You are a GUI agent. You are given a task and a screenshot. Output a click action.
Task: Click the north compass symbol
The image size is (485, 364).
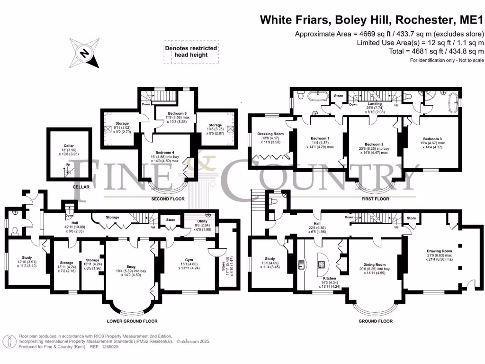point(85,53)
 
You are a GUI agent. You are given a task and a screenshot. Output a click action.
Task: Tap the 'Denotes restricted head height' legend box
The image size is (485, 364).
point(191,52)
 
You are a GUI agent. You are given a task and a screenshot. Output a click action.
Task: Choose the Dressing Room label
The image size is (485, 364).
point(270,134)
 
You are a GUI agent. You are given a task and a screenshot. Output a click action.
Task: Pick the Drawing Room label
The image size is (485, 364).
point(439,251)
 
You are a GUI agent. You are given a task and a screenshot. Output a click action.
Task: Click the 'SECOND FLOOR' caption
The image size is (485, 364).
point(167,199)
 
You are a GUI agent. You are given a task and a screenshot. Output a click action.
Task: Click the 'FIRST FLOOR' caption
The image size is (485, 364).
point(375,199)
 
